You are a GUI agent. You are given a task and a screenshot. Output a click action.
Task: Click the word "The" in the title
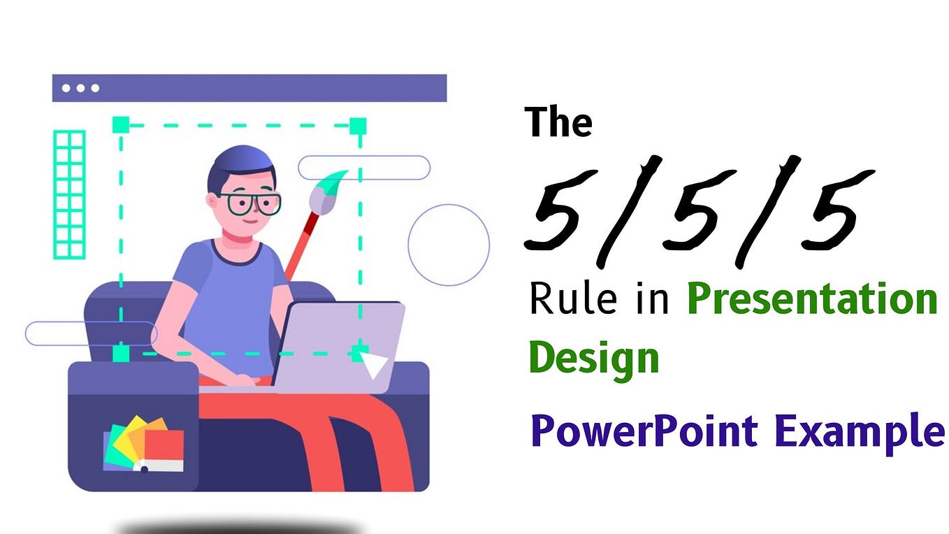[x=560, y=122]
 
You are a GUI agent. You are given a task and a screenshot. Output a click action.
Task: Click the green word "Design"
[x=594, y=357]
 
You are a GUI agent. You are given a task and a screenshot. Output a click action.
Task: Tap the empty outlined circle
[x=448, y=245]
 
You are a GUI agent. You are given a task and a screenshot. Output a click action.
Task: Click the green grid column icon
[x=69, y=194]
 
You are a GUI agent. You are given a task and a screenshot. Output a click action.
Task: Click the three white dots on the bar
[x=80, y=88]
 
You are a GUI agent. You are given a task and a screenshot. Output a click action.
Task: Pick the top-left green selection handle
[x=121, y=125]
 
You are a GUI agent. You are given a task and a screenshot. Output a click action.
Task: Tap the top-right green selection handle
[x=358, y=126]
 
